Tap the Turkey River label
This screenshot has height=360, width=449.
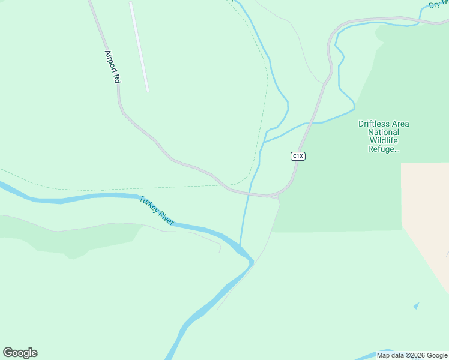pyautogui.click(x=157, y=211)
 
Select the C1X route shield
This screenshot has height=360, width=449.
pyautogui.click(x=298, y=156)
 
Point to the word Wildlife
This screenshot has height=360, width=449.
pyautogui.click(x=384, y=141)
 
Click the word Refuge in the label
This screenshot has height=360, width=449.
pyautogui.click(x=382, y=149)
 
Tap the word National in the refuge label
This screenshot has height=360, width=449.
pyautogui.click(x=384, y=133)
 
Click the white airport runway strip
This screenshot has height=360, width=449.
pyautogui.click(x=139, y=46)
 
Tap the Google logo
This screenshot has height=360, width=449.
pyautogui.click(x=20, y=352)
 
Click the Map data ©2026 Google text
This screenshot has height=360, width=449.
pyautogui.click(x=412, y=355)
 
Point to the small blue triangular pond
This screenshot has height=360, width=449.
pyautogui.click(x=417, y=306)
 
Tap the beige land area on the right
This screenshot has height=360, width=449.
pyautogui.click(x=427, y=210)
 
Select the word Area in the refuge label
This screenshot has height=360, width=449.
pyautogui.click(x=400, y=124)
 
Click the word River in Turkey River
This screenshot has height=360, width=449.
pyautogui.click(x=165, y=217)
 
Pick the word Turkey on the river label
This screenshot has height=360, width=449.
pyautogui.click(x=148, y=203)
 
